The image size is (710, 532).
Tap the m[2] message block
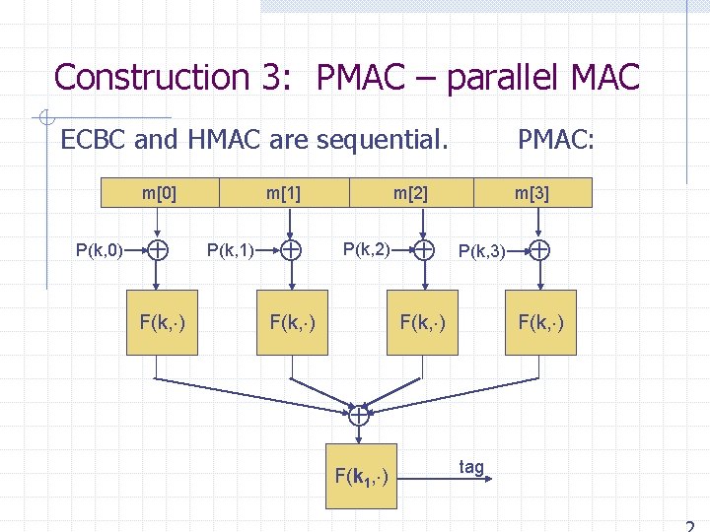point(411,192)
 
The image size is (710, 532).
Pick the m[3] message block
point(532,192)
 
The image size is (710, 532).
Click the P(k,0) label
point(99,250)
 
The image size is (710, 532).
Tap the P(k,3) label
point(483,252)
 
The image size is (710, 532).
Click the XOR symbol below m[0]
point(158,250)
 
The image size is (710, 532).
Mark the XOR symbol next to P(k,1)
point(291,250)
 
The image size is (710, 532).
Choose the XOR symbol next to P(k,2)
point(423,250)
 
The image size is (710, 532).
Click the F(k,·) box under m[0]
point(163,320)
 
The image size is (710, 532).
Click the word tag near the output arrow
point(471,466)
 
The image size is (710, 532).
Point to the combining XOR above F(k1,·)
point(360,417)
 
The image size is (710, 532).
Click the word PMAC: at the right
point(556,140)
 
